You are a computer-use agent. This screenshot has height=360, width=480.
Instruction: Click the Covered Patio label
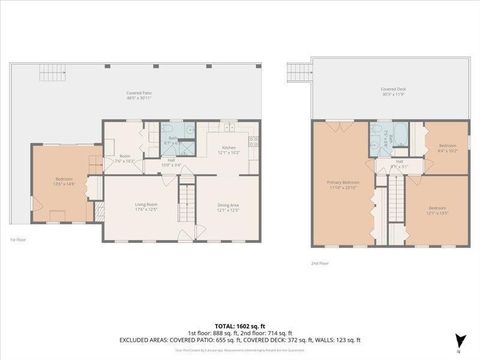139,95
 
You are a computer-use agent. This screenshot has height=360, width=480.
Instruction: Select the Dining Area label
227,208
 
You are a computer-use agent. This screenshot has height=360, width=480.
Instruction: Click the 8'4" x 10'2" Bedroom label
446,149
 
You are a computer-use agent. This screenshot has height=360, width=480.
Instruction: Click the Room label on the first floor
125,157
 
